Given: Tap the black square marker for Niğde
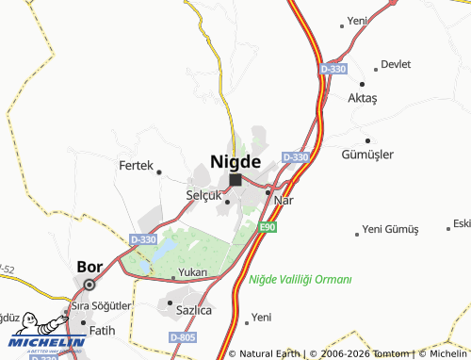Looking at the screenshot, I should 235,179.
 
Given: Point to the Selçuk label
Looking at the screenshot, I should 203,194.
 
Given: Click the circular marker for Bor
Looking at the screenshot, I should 89,284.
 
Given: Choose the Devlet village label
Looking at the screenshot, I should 397,65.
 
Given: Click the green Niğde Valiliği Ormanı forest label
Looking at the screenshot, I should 300,279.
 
